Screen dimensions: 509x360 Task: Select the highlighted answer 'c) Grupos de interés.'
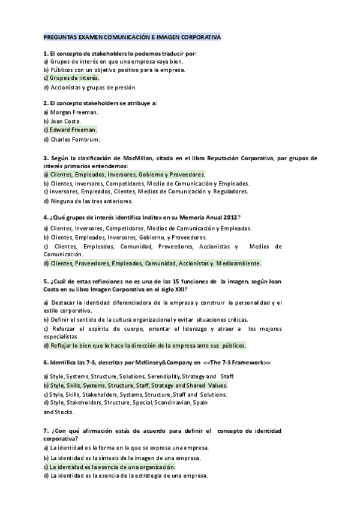click(71, 78)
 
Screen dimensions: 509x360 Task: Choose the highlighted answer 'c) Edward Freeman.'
click(70, 130)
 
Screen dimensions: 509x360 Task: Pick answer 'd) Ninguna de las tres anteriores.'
click(88, 200)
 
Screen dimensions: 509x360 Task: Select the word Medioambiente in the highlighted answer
click(239, 264)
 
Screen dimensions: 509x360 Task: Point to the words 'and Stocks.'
click(59, 412)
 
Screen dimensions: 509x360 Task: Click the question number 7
click(46, 431)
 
